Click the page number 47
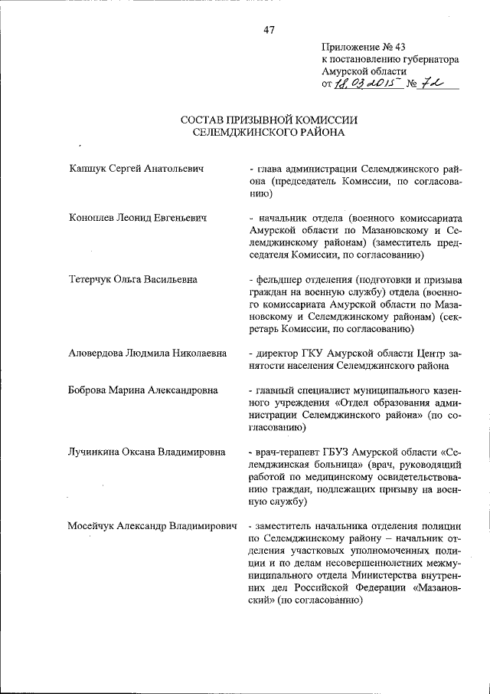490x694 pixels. [x=269, y=30]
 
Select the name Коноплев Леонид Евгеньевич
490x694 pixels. [x=139, y=218]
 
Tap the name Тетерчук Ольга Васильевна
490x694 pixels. [x=133, y=279]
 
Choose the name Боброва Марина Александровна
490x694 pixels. [x=143, y=390]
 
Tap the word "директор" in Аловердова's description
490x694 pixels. [x=278, y=354]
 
